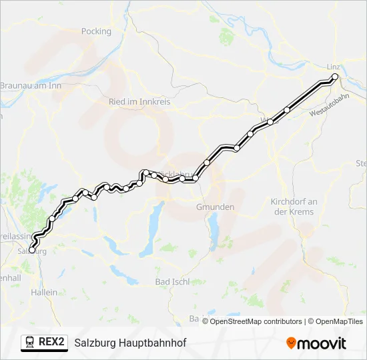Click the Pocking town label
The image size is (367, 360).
pyautogui.click(x=96, y=31)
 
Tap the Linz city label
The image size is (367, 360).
pyautogui.click(x=334, y=67)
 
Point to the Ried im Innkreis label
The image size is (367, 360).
pyautogui.click(x=139, y=102)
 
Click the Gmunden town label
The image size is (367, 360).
pyautogui.click(x=215, y=207)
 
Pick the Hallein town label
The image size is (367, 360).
pyautogui.click(x=44, y=292)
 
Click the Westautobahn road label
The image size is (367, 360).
pyautogui.click(x=330, y=106)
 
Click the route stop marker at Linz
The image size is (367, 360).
pyautogui.click(x=335, y=77)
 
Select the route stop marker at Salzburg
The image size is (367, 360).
pyautogui.click(x=31, y=250)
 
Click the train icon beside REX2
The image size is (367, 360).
pyautogui.click(x=30, y=342)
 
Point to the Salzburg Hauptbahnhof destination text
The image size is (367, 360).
pyautogui.click(x=130, y=343)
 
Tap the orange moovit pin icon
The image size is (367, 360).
pyautogui.click(x=291, y=343)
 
